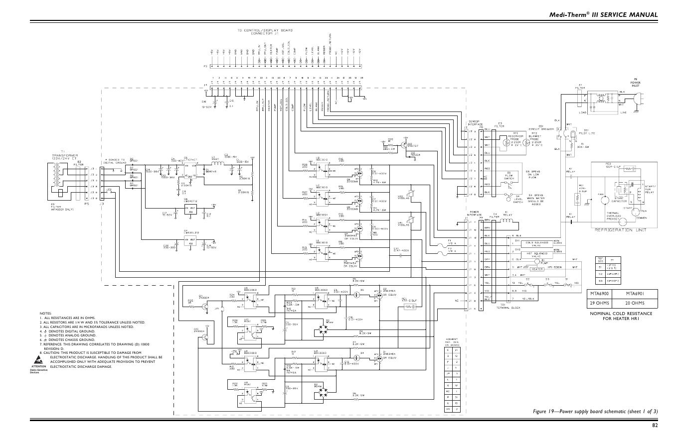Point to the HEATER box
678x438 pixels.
point(536,269)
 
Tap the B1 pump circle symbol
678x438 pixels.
point(544,260)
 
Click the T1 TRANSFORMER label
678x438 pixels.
point(63,154)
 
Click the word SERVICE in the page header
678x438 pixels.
point(602,14)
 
